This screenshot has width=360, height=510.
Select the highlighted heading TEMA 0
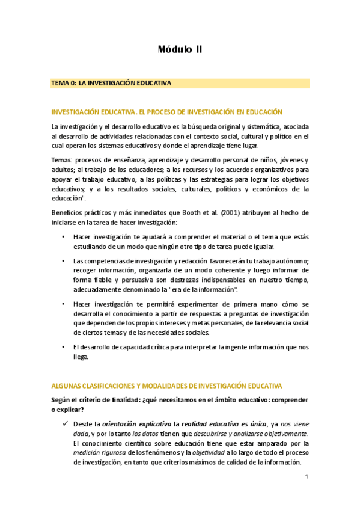pos(112,83)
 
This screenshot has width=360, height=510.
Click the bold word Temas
pos(61,159)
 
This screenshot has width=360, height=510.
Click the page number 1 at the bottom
pos(307,478)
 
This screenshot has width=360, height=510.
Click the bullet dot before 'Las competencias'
pos(64,260)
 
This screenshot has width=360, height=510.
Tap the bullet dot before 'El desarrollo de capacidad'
pos(64,347)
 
